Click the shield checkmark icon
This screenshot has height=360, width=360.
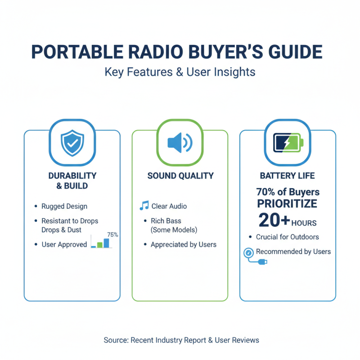click(x=72, y=143)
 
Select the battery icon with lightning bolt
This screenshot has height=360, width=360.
click(x=288, y=143)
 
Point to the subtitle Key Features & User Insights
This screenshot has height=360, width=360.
click(x=180, y=72)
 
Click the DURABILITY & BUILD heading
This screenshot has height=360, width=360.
click(x=72, y=180)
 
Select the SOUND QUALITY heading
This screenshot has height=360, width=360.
click(x=180, y=176)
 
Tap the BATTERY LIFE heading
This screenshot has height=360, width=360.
click(x=288, y=176)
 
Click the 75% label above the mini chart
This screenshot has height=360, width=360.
click(x=112, y=234)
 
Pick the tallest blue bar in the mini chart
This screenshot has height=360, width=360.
click(x=106, y=243)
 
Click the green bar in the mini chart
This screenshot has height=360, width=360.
click(x=100, y=245)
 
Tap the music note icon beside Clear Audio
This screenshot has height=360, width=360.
click(x=144, y=206)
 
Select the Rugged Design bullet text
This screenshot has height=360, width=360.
click(x=64, y=206)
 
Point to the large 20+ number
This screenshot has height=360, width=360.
click(x=274, y=220)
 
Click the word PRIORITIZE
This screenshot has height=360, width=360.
click(x=287, y=204)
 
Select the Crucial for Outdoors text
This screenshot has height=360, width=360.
click(x=288, y=237)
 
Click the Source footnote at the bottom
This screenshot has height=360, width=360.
click(x=181, y=340)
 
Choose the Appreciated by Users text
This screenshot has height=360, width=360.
click(x=183, y=244)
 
